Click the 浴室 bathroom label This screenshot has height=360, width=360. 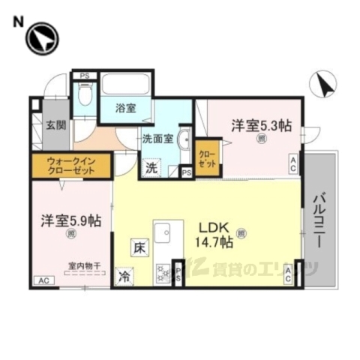pos(125,108)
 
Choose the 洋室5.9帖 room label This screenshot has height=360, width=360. pos(71,221)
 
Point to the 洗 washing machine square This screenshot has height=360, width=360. pos(151,169)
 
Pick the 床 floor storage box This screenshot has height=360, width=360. pos(139,247)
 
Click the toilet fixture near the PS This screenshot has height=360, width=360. pos(85,98)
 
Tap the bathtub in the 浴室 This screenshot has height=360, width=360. pos(126,84)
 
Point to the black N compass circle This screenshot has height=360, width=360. pos(41,38)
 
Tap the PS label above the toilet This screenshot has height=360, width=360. pos(84,76)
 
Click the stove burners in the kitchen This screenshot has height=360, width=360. pos(163,274)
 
